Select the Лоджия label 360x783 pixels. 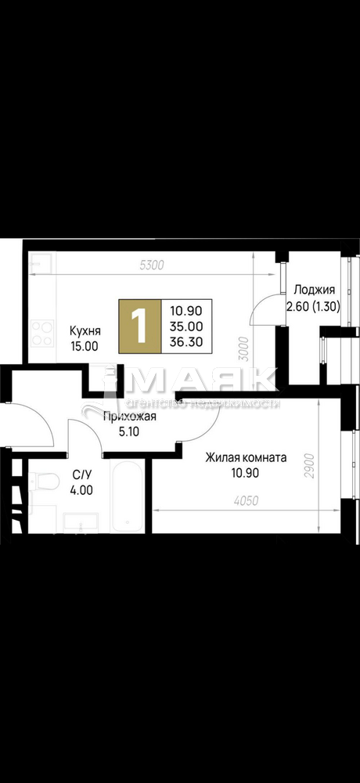point(313,290)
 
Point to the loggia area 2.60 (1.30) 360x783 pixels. point(313,305)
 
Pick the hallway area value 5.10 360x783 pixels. point(130,431)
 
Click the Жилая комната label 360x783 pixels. point(247,458)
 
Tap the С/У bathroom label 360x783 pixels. point(81,476)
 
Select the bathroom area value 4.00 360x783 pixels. point(81,490)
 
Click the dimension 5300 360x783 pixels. point(151,265)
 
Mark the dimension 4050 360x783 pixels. point(245,501)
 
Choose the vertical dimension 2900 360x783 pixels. point(309,466)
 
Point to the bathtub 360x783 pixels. point(128,494)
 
